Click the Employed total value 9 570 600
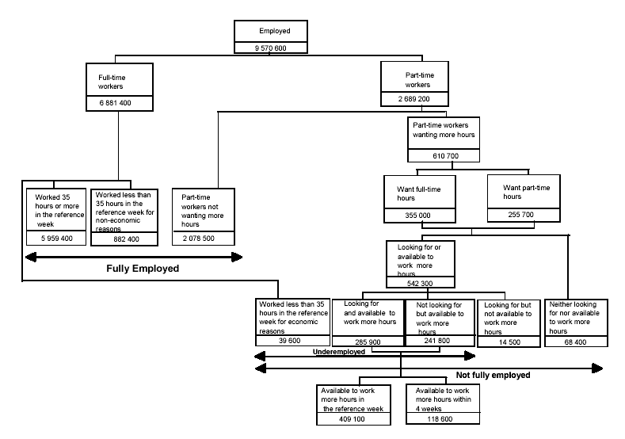click(270, 47)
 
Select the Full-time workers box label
click(112, 82)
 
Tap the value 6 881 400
click(118, 104)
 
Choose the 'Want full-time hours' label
click(417, 194)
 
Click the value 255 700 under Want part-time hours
click(509, 216)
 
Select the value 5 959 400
click(57, 238)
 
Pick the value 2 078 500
click(204, 238)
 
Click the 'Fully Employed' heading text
click(143, 269)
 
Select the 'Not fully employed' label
click(493, 375)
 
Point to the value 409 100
click(353, 420)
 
